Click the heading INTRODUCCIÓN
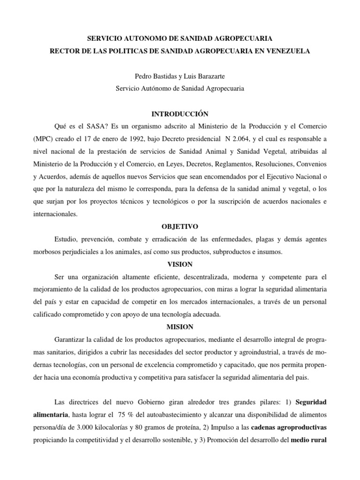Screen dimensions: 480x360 [180, 114]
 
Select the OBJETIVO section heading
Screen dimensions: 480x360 [180, 226]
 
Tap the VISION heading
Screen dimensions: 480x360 [180, 264]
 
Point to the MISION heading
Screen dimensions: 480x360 [180, 327]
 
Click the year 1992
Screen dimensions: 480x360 [129, 139]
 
